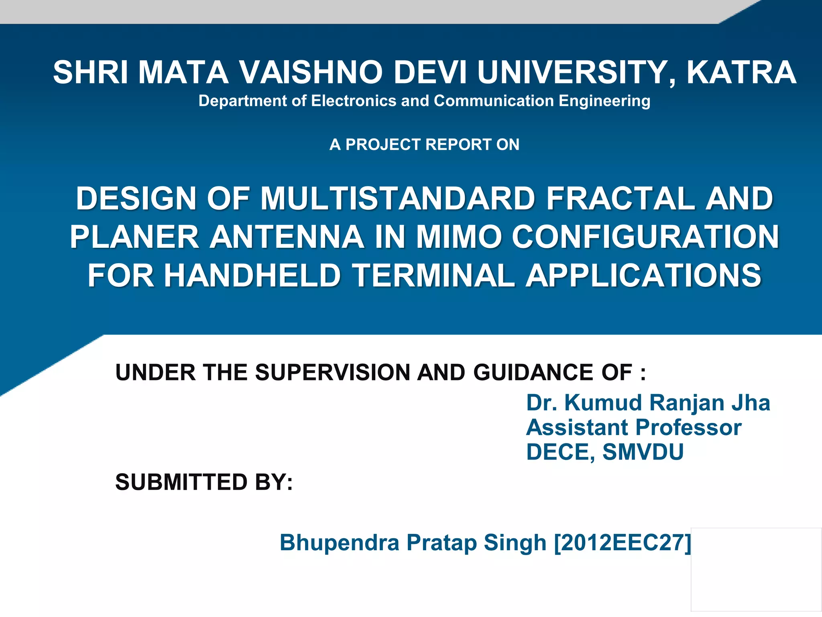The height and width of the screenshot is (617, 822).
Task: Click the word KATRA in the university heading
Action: [x=741, y=73]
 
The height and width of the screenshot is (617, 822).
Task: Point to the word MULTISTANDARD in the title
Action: [x=398, y=198]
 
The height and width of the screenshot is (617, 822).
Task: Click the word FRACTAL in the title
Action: [x=621, y=198]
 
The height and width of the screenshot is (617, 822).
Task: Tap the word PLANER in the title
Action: [x=134, y=237]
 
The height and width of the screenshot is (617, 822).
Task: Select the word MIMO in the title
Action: [x=458, y=237]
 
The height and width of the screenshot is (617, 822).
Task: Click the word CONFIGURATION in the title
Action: [x=645, y=237]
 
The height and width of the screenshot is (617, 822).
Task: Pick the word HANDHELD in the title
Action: [x=252, y=276]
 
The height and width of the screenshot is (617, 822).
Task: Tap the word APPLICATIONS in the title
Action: [x=643, y=276]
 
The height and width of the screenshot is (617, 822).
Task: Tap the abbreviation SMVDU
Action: [x=643, y=452]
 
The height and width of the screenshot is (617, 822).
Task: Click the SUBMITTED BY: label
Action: [x=204, y=482]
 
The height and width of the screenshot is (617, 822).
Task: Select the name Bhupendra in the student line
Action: [x=340, y=543]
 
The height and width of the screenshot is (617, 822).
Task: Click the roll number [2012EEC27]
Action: [x=623, y=543]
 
